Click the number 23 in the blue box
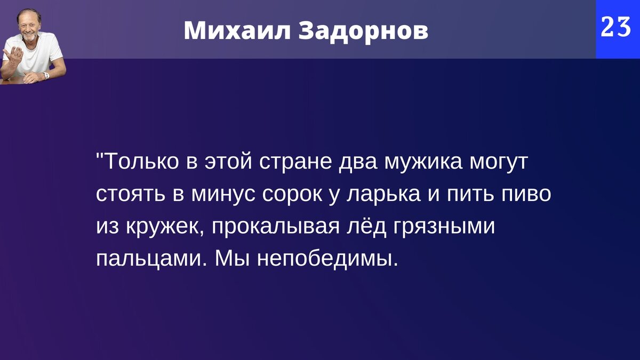[616, 27]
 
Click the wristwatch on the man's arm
[46, 75]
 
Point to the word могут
[498, 162]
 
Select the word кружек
[166, 227]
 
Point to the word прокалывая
[276, 227]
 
